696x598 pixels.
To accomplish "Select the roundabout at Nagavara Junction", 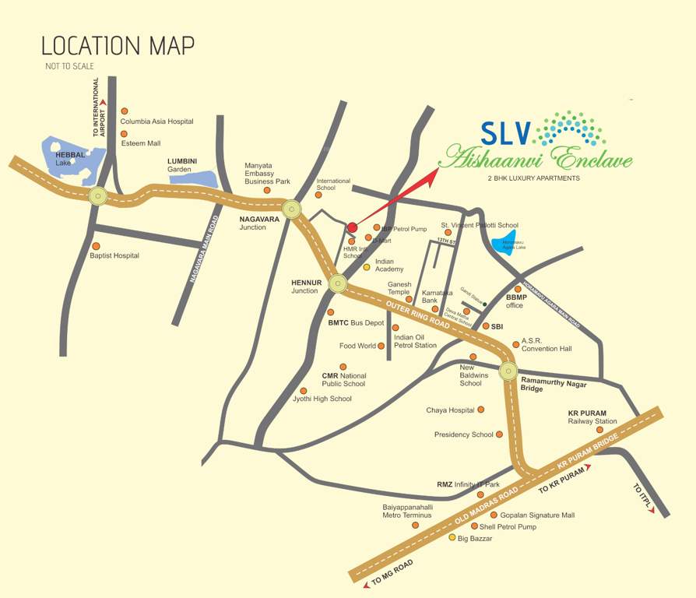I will coord(292,208).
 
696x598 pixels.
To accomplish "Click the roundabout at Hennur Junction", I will coord(337,283).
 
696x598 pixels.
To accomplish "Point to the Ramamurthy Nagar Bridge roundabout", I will coord(508,371).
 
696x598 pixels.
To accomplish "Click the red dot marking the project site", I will coord(352,227).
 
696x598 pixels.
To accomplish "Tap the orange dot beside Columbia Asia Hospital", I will coord(124,111).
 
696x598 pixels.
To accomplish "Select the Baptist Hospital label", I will coord(114,255).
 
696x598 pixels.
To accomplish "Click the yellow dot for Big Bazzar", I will coord(452,537).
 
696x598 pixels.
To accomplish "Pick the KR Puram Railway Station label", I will coord(592,417).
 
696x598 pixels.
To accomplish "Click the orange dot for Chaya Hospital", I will coord(480,410).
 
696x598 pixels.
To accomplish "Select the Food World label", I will coord(357,346).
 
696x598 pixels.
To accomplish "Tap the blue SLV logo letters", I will coord(504,133).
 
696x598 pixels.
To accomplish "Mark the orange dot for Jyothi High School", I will coord(304,391).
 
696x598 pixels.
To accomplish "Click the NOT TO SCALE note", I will coord(69,66).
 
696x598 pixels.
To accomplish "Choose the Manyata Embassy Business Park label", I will coord(267,173).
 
